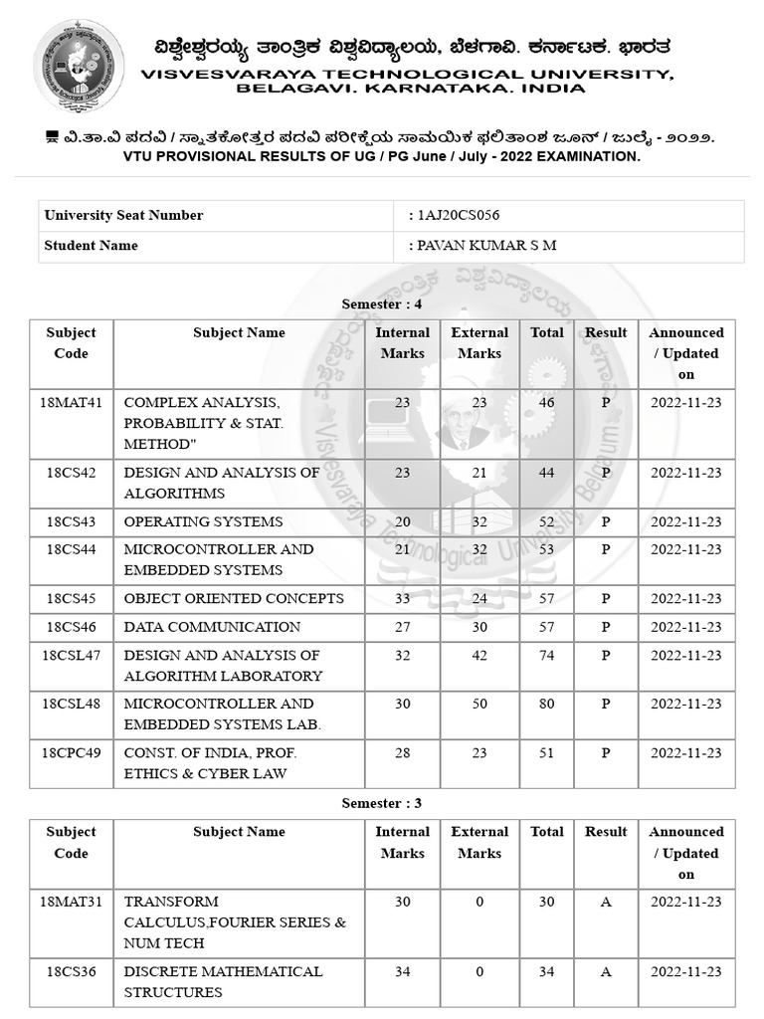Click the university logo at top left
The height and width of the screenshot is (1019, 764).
coord(79,66)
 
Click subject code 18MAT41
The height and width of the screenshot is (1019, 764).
coord(71,402)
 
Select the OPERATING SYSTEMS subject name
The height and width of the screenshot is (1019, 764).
coord(203,521)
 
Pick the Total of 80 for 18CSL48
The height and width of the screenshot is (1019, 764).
coord(546,704)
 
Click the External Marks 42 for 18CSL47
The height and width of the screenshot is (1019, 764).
coord(478,655)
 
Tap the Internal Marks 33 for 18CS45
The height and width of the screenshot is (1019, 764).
coord(402,598)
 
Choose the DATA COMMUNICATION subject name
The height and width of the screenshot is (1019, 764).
coord(212,627)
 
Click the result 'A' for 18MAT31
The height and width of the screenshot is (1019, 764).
coord(606,902)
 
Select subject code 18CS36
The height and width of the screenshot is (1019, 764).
coord(71,971)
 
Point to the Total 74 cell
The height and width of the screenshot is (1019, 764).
coord(546,655)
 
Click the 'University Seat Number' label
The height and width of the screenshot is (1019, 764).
coord(123,216)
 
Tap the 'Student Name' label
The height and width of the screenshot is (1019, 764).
coord(91,246)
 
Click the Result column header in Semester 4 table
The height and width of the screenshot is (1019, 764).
coord(606,332)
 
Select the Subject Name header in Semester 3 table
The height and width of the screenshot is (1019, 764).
coord(239,832)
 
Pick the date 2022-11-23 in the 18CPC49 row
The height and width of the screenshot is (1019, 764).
coord(685,752)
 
